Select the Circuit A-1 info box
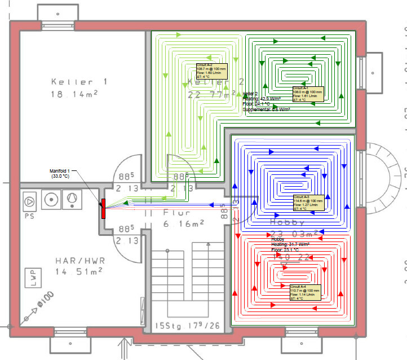(307, 94)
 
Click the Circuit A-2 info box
(211, 72)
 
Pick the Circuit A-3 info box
(308, 203)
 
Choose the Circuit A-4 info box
(305, 292)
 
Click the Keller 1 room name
(77, 82)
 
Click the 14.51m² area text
(78, 272)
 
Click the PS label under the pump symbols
(29, 215)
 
